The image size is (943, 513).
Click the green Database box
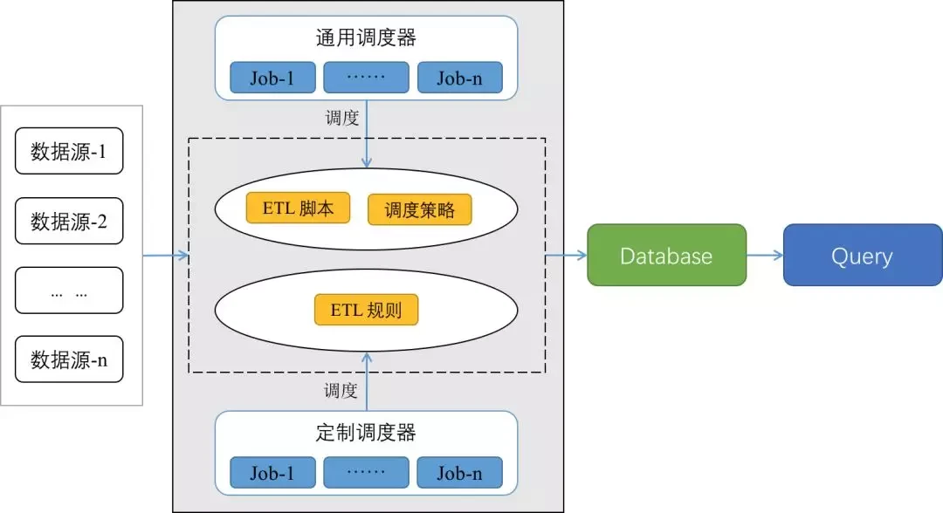666,255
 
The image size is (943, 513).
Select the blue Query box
862,255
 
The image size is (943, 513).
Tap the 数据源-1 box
69,152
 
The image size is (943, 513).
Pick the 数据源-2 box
69,221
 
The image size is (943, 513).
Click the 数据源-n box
69,359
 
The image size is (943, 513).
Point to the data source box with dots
69,291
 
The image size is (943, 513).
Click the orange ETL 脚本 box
298,209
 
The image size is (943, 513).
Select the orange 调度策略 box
419,209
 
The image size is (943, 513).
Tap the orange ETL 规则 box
366,310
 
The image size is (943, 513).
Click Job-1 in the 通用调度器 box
272,78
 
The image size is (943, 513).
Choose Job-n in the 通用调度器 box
459,78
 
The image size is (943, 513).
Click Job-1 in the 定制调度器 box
272,473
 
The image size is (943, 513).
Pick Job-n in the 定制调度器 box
459,473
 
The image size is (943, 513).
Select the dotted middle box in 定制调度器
366,473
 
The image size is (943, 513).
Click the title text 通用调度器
366,38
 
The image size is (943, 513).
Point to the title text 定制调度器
366,433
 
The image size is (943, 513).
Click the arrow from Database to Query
765,256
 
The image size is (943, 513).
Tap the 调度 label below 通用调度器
341,118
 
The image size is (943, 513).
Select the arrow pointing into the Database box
567,256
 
